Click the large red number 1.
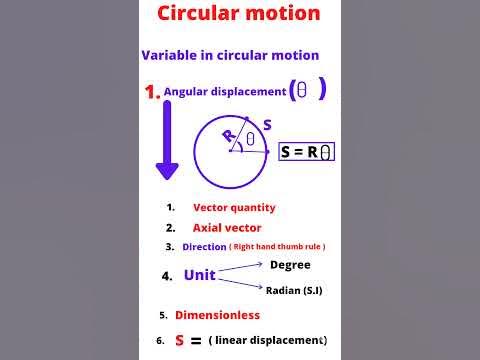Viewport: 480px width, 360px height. click(x=152, y=92)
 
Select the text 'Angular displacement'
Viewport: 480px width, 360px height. click(x=225, y=91)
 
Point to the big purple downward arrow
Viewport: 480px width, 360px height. click(x=167, y=140)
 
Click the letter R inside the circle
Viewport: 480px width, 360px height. click(x=228, y=133)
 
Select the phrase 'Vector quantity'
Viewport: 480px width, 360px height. click(x=234, y=208)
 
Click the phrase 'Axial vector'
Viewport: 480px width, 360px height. click(x=227, y=228)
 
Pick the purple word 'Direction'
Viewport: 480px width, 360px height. click(x=204, y=246)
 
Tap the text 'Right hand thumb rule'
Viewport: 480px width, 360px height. click(x=278, y=247)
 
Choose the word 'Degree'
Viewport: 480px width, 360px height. click(x=290, y=265)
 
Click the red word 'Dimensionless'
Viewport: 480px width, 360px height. click(x=217, y=315)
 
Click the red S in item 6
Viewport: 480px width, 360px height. click(x=180, y=340)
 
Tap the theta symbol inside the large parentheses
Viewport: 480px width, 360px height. click(x=303, y=90)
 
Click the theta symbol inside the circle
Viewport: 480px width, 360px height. click(x=250, y=139)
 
